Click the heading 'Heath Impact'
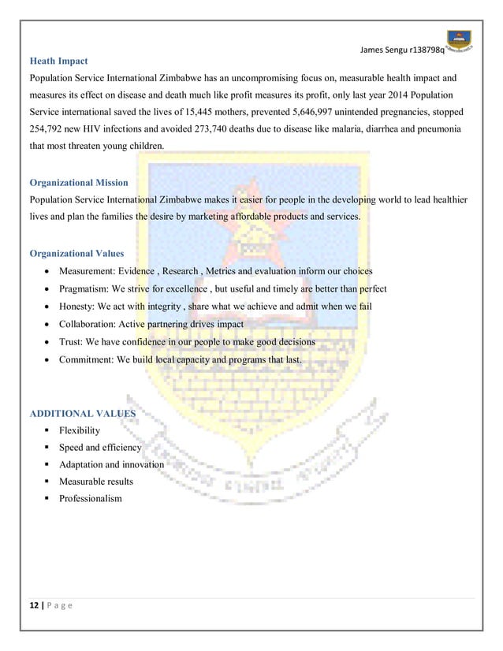click(x=58, y=61)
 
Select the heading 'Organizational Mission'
click(x=78, y=183)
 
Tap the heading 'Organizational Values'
click(x=76, y=254)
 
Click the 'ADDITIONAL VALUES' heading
click(x=82, y=413)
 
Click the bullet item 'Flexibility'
click(x=80, y=430)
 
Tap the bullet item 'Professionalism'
click(x=91, y=499)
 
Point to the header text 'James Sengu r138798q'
click(x=401, y=50)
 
